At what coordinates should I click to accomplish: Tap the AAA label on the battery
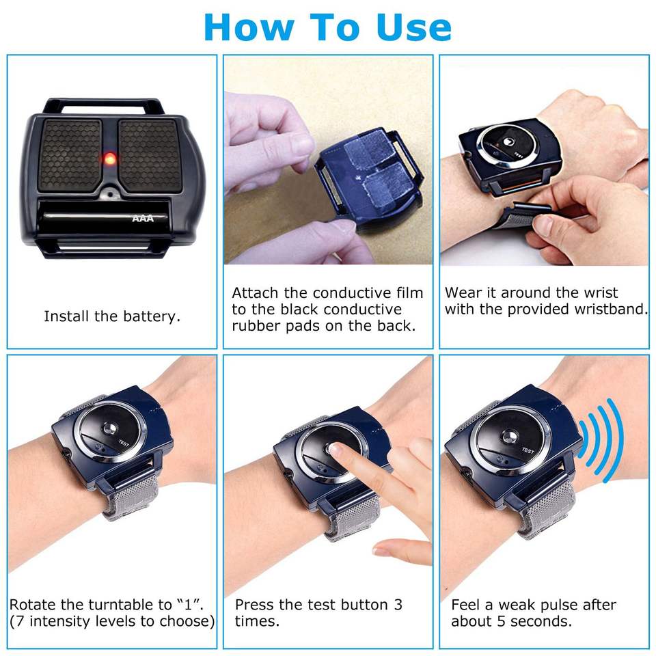click(x=143, y=219)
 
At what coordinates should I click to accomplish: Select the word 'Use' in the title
click(x=413, y=27)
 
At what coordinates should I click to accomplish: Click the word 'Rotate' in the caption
click(x=33, y=605)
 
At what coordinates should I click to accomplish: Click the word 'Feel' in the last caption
click(x=465, y=605)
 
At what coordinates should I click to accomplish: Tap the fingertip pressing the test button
click(x=335, y=450)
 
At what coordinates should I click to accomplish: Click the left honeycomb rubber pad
click(x=70, y=156)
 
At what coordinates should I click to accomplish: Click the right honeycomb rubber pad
click(x=150, y=156)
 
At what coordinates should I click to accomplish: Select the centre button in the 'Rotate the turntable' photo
click(x=111, y=428)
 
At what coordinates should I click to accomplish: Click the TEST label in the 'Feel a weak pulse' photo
click(x=528, y=450)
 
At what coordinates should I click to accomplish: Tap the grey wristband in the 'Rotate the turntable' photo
click(x=131, y=495)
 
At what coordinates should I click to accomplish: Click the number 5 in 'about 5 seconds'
click(x=501, y=621)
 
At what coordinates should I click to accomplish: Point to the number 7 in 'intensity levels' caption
click(x=20, y=621)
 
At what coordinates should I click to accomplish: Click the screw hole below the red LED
click(x=109, y=194)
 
